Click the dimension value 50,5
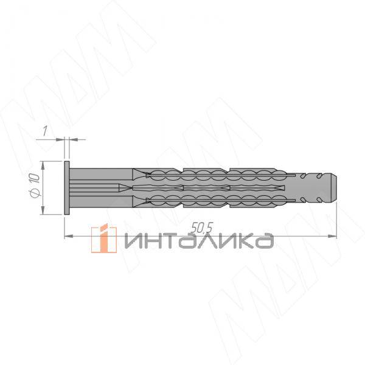coord(201,228)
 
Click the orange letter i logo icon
coord(103,239)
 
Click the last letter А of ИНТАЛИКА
coord(263,242)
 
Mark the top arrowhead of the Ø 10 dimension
coord(43,164)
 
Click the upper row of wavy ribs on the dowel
coord(213,175)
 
